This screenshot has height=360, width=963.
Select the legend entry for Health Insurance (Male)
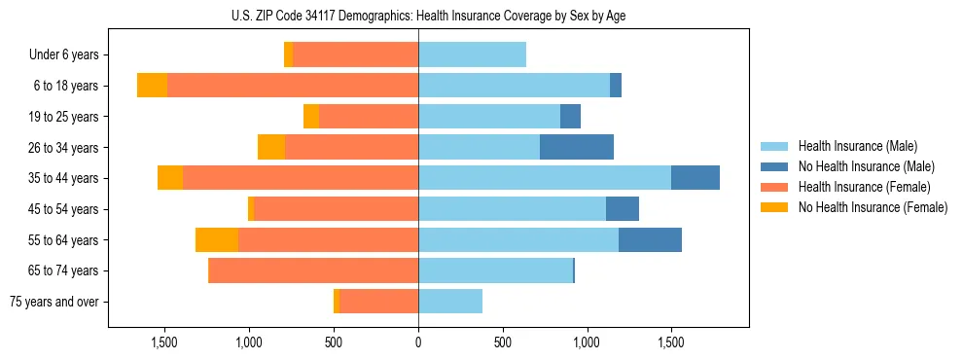(x=857, y=146)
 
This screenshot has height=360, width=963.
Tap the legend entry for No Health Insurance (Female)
(x=872, y=207)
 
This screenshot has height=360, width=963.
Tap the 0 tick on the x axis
(x=418, y=343)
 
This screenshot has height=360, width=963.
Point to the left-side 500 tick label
(x=334, y=343)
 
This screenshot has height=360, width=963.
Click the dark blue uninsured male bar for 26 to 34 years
(x=577, y=147)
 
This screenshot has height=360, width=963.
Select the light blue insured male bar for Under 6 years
(x=472, y=55)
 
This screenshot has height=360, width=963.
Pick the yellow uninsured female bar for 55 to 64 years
(x=217, y=239)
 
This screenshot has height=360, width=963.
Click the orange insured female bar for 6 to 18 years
(x=293, y=86)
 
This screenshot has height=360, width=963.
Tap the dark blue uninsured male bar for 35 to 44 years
(x=695, y=178)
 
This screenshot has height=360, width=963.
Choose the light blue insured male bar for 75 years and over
(x=450, y=302)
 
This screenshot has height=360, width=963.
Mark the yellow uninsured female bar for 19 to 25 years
(x=311, y=117)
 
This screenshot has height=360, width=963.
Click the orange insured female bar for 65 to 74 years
(x=314, y=270)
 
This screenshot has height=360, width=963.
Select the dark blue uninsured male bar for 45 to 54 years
(x=623, y=209)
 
